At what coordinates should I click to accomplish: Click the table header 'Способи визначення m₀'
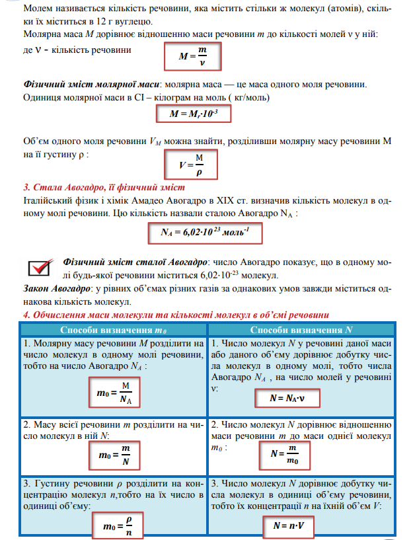[x=113, y=330]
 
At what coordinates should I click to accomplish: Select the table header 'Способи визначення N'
[x=302, y=330]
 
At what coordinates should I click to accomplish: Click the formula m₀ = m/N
[x=114, y=455]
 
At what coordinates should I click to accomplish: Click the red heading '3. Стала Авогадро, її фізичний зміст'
[x=94, y=186]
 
